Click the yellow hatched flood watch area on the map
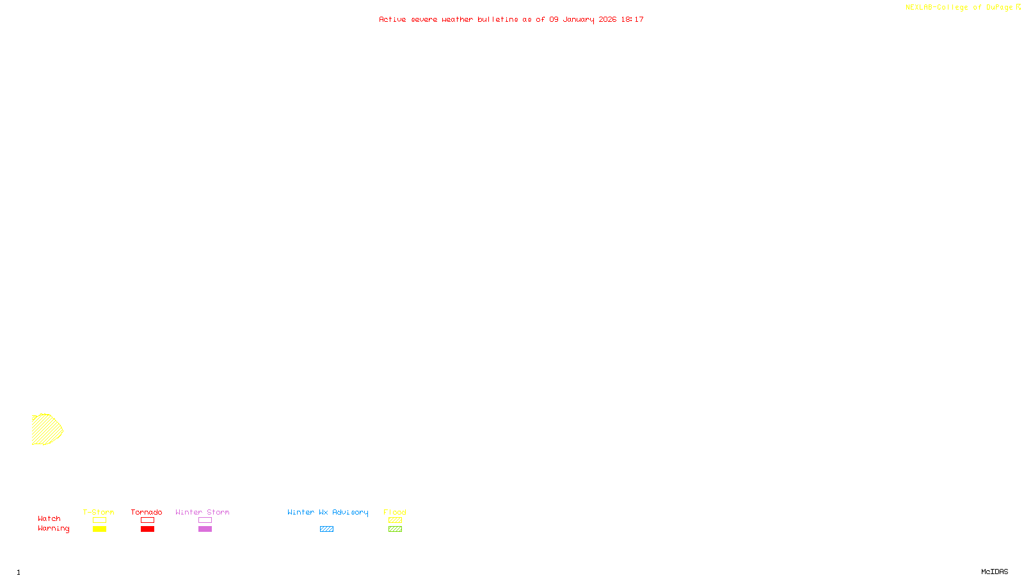(x=46, y=429)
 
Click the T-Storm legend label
(x=99, y=512)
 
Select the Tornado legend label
(x=147, y=512)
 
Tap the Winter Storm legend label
(x=202, y=512)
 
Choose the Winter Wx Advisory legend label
(x=328, y=512)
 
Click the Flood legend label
(x=395, y=512)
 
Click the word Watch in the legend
(x=49, y=519)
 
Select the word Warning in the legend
(x=53, y=529)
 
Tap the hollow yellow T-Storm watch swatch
(x=99, y=520)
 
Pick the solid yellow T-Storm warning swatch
(x=99, y=529)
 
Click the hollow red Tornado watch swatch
(x=147, y=520)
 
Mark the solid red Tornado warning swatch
(x=147, y=529)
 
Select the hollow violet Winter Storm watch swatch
(x=205, y=520)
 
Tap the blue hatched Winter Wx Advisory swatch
(x=326, y=529)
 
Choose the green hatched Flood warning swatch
(x=395, y=529)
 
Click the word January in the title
(x=579, y=20)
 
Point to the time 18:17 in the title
(x=632, y=20)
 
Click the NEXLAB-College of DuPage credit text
(x=959, y=8)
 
